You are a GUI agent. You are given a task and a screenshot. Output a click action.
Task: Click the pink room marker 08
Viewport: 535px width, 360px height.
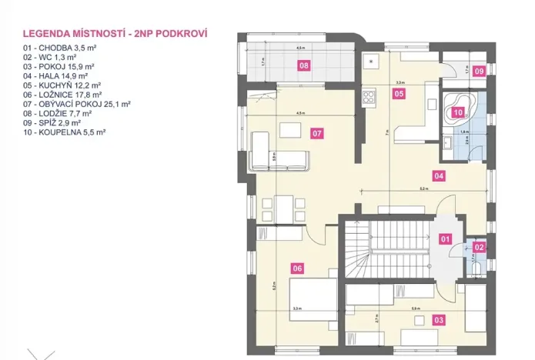point(304,66)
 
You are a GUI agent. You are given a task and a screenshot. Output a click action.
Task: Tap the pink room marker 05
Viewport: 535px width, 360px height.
point(399,94)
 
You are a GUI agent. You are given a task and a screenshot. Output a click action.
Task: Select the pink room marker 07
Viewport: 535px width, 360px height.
point(316,133)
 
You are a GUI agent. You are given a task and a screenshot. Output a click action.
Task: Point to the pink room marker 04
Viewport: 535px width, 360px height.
point(439,175)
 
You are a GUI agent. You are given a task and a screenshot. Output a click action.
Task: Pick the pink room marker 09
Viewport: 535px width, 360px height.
point(479,72)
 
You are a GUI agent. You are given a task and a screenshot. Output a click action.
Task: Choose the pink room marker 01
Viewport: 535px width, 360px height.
point(445,239)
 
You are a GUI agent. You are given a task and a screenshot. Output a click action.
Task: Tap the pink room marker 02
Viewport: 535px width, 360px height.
point(479,247)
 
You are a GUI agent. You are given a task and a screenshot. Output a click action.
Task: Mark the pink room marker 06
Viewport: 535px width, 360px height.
point(297,268)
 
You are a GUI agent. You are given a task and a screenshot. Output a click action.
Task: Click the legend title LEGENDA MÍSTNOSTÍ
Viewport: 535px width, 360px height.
point(115,35)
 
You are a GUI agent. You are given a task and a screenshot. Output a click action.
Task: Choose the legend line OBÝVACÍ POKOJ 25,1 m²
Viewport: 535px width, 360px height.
point(77,104)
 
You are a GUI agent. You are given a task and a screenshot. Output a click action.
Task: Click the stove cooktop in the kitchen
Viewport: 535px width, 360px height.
point(368,98)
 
